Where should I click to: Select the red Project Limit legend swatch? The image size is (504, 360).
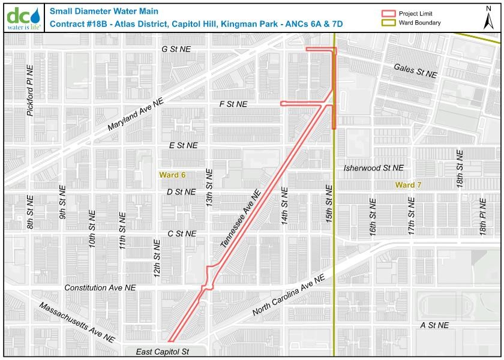pos(390,14)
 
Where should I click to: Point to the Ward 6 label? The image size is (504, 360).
pos(172,175)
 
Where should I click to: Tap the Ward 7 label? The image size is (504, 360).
pos(409,185)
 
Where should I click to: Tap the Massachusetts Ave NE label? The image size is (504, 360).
pos(76,323)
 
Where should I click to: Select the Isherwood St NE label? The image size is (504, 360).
pos(374,169)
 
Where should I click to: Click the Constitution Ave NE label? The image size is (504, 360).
pos(100,288)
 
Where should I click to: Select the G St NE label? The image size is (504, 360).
pos(176,49)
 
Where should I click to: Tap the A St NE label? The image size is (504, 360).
pos(434,325)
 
